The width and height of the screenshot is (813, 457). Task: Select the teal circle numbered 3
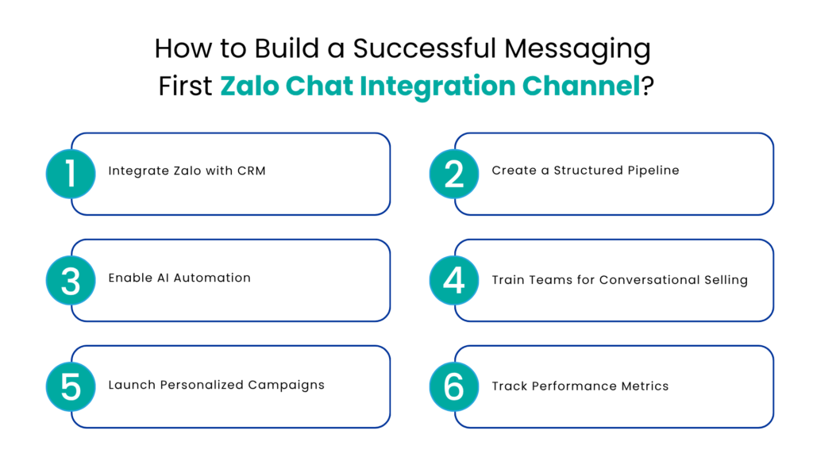click(x=71, y=280)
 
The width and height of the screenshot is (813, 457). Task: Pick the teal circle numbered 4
click(x=454, y=280)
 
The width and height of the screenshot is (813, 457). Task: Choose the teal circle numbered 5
click(x=71, y=386)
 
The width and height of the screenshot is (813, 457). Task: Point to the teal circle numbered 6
click(x=454, y=386)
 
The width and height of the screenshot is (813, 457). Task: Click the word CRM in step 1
click(x=250, y=171)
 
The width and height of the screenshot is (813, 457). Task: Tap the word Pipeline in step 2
click(x=652, y=171)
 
